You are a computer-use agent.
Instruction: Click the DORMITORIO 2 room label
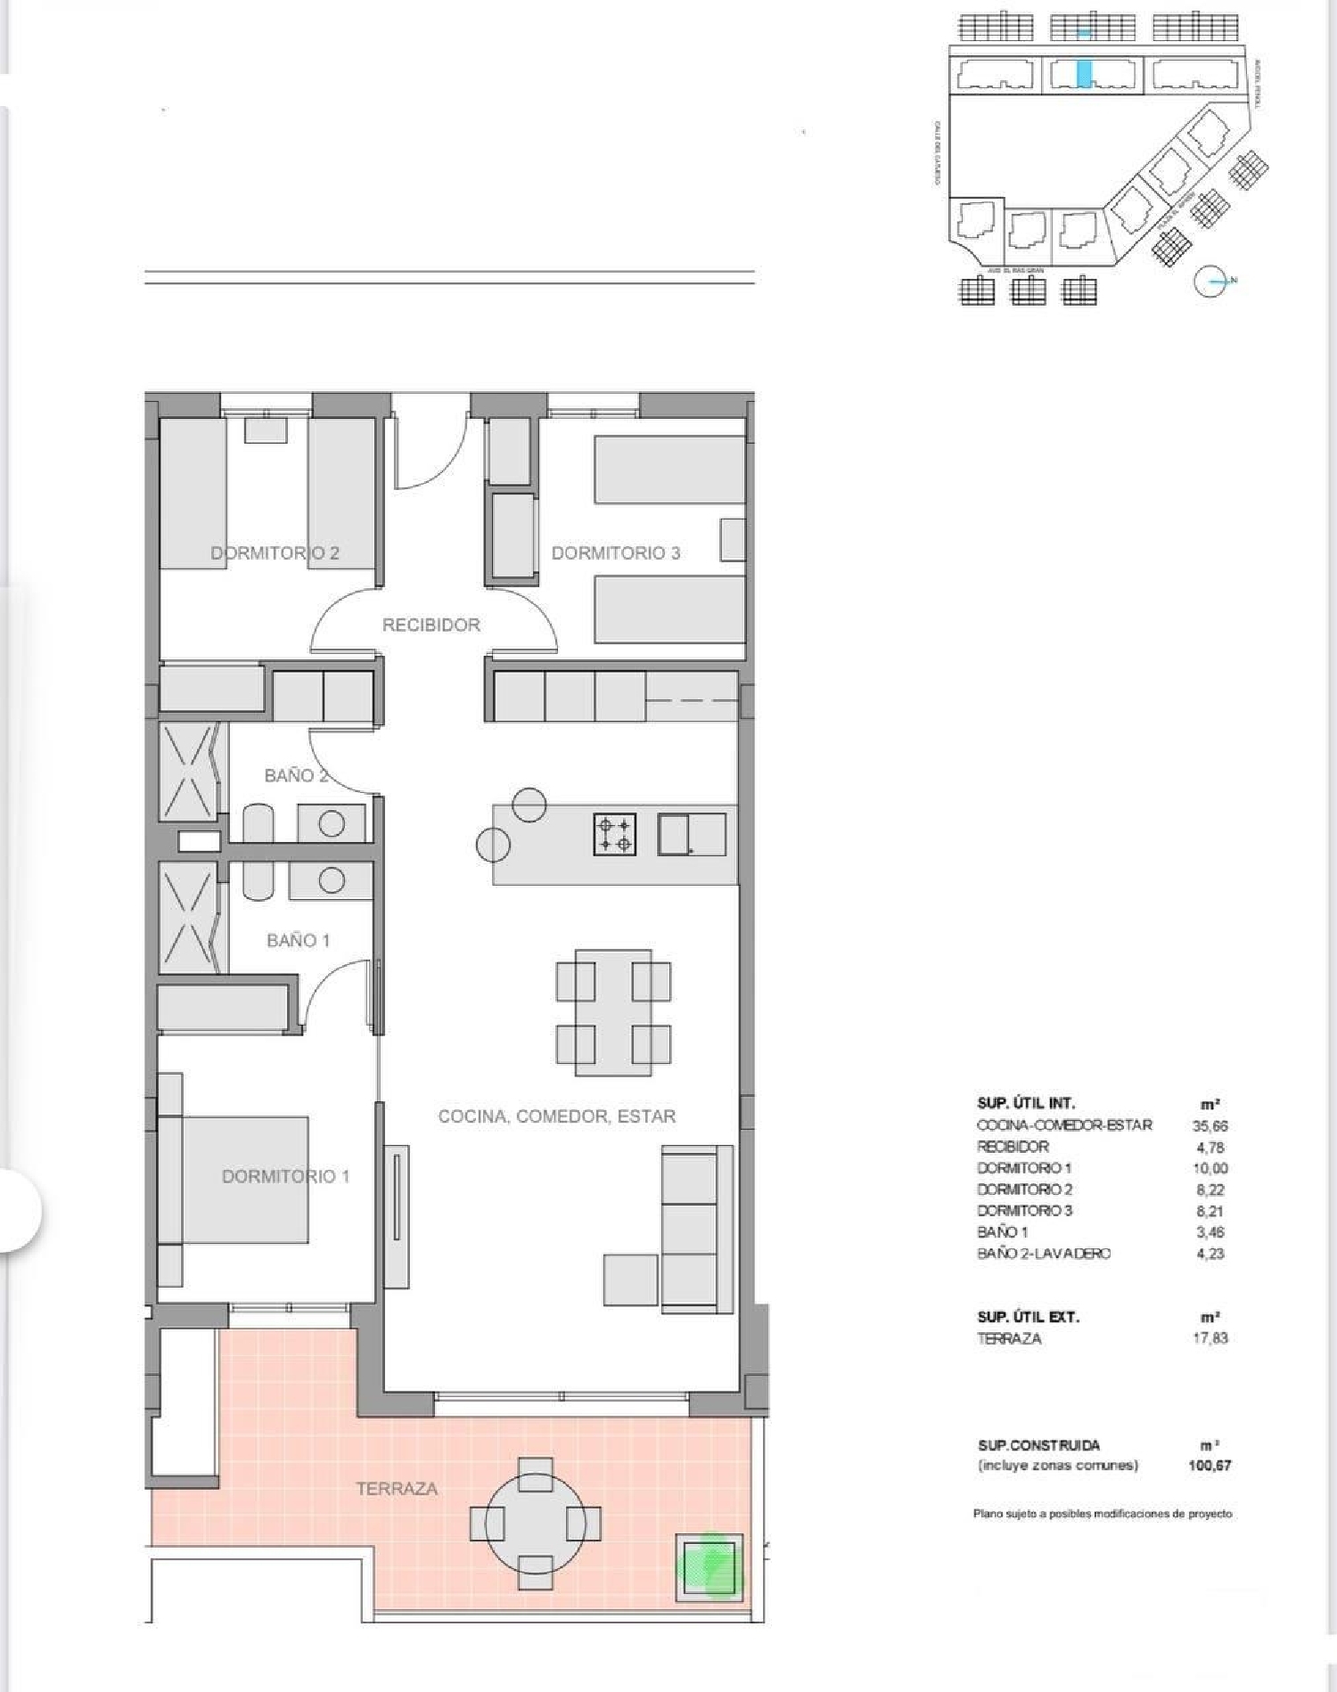pos(275,553)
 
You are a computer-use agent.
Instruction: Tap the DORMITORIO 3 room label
pos(615,553)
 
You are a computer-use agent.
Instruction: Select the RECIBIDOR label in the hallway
pos(431,625)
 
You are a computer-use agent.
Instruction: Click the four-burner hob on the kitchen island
pos(615,835)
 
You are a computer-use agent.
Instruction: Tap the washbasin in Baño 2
pos(332,823)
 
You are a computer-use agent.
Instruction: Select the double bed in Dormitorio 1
pos(245,1180)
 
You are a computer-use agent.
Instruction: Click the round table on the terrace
pos(535,1524)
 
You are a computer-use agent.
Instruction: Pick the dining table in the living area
pos(613,1013)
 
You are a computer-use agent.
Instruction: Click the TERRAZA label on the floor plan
pos(397,1489)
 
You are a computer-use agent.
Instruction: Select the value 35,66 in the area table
pos(1210,1126)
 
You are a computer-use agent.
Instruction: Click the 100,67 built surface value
pos(1210,1466)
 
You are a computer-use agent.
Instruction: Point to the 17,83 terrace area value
pos(1210,1338)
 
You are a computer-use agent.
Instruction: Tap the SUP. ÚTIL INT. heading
pos(1026,1103)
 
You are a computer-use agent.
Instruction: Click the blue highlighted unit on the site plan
pos(1084,73)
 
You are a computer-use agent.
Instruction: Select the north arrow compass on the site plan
pos(1210,282)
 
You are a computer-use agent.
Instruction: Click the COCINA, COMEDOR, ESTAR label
pos(556,1116)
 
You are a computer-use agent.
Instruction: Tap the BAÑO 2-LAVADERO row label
pos(1044,1254)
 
